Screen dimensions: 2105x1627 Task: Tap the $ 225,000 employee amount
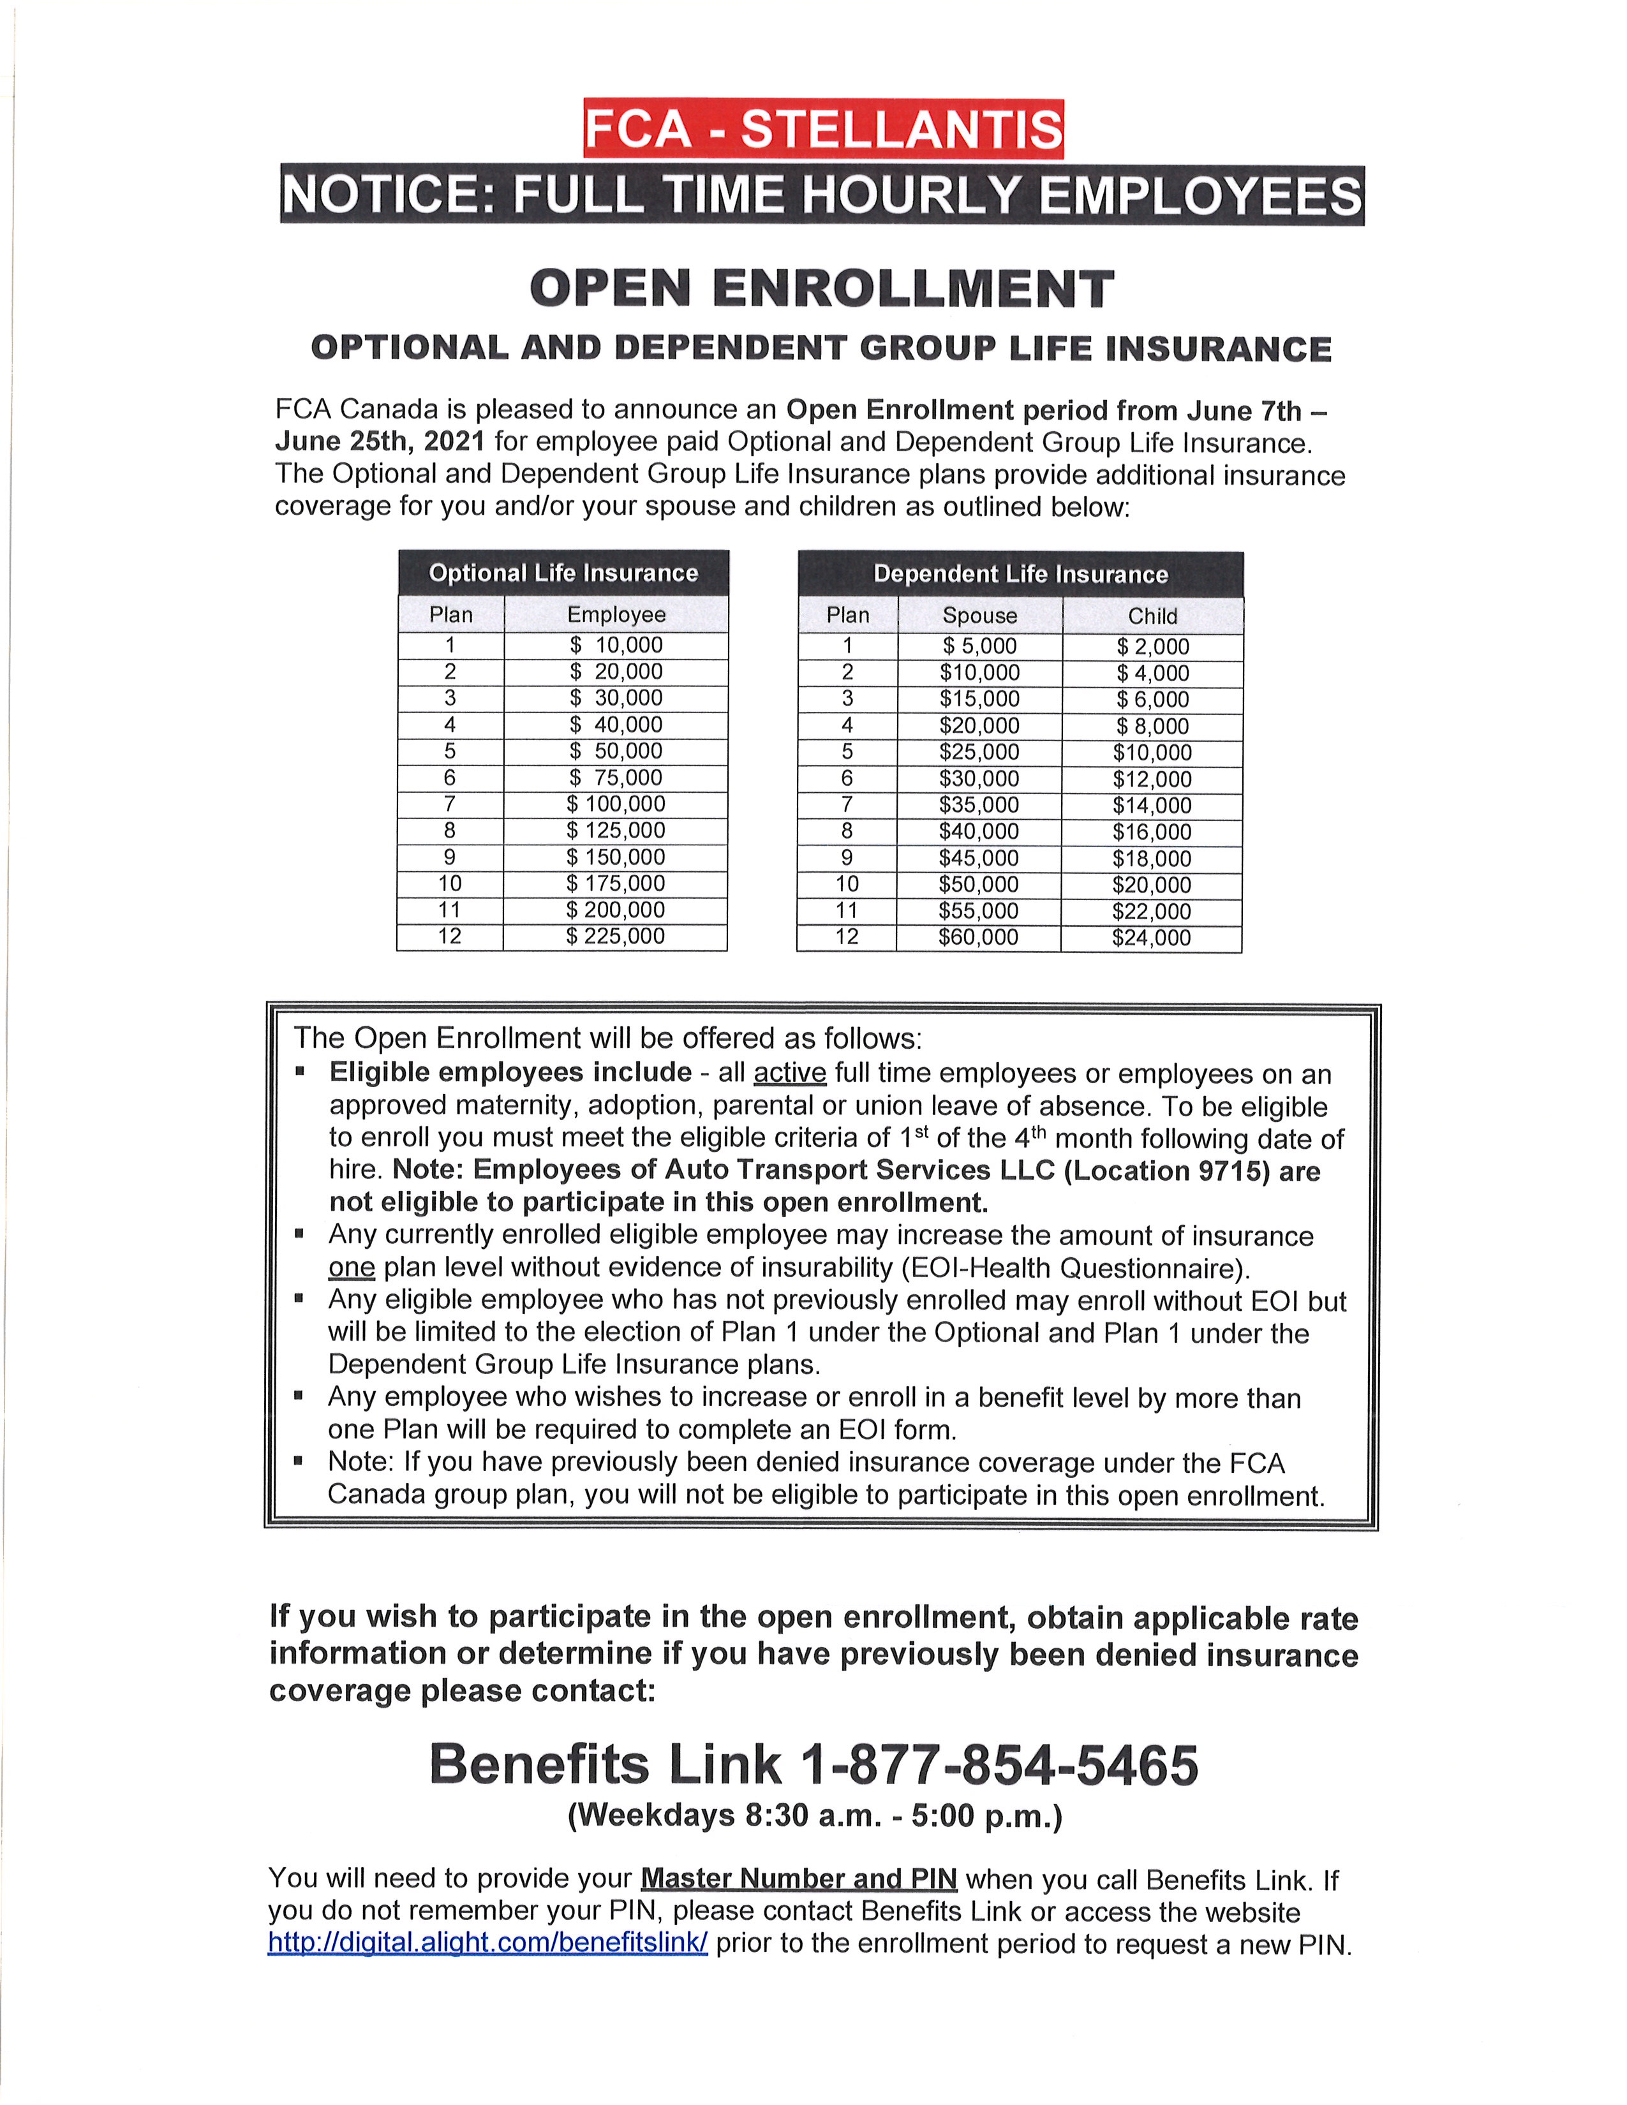pos(616,936)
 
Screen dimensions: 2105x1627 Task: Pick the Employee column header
pos(616,615)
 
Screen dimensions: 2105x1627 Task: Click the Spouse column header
pos(979,616)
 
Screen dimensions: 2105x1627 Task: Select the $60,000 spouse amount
pos(978,938)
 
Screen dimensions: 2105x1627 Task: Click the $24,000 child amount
pos(1151,938)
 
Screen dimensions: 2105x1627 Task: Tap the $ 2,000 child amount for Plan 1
pos(1153,647)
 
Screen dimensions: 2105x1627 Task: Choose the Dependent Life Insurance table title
pos(1020,575)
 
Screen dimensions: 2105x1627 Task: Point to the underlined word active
pos(789,1074)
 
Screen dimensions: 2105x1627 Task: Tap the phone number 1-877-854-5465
pos(999,1765)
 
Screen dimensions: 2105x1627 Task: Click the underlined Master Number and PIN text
pos(798,1879)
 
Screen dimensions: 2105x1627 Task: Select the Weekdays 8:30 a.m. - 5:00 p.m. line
pos(815,1816)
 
